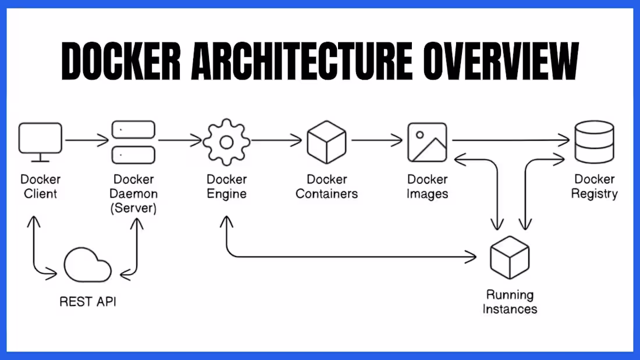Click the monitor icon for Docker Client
[40, 141]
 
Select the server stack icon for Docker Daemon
[133, 141]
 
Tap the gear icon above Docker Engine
[227, 141]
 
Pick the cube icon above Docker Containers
[326, 142]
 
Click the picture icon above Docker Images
[427, 142]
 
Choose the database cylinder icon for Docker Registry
[593, 142]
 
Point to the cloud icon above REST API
[88, 266]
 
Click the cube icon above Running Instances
[510, 257]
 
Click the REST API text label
[88, 302]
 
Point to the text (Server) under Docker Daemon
[133, 208]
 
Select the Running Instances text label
[510, 302]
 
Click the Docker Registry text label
[594, 187]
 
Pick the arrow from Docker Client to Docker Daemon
[87, 140]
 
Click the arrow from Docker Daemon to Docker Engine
[180, 140]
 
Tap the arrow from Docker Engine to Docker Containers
[278, 140]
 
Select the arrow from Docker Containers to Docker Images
[377, 140]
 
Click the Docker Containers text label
[326, 187]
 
